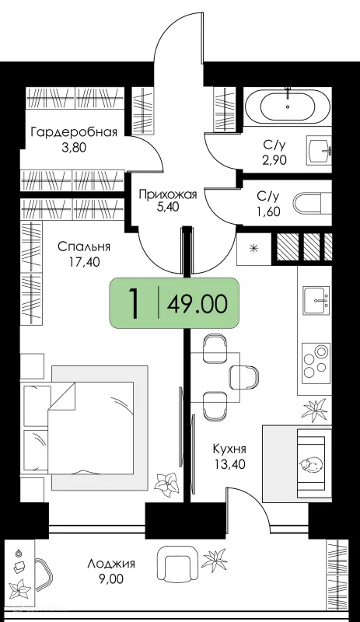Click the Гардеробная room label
(x=74, y=131)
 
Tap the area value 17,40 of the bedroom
(x=83, y=262)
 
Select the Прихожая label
(x=168, y=194)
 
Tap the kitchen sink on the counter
(x=316, y=300)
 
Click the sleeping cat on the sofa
(x=311, y=464)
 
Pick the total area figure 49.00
(x=197, y=305)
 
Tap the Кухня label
(x=229, y=449)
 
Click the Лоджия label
(x=111, y=564)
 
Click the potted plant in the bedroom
(x=166, y=483)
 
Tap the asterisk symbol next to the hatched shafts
(x=253, y=249)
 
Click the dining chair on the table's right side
(x=243, y=376)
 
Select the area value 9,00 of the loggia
(x=111, y=579)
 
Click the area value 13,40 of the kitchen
(x=230, y=463)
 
